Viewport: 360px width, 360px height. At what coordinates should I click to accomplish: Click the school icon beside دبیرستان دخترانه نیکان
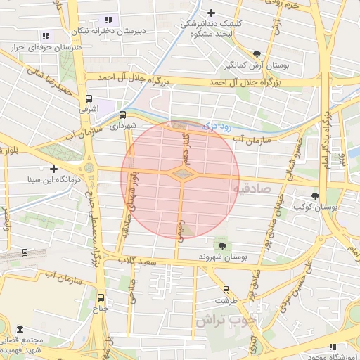pyautogui.click(x=107, y=20)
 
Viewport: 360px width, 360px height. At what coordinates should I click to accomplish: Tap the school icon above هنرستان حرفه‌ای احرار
pyautogui.click(x=46, y=36)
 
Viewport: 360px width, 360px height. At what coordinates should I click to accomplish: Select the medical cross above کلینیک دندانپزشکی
pyautogui.click(x=212, y=13)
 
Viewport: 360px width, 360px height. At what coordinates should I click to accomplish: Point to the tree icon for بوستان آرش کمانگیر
pyautogui.click(x=257, y=54)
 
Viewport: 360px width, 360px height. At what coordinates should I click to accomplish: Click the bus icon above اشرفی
pyautogui.click(x=89, y=99)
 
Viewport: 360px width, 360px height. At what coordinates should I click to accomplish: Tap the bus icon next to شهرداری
pyautogui.click(x=123, y=115)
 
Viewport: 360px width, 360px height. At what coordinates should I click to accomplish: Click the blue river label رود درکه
pyautogui.click(x=217, y=127)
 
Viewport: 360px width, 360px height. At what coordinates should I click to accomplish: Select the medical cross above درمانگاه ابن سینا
pyautogui.click(x=53, y=169)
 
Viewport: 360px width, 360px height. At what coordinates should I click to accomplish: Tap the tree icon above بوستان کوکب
pyautogui.click(x=314, y=197)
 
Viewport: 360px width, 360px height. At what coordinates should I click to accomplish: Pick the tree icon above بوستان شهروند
pyautogui.click(x=223, y=245)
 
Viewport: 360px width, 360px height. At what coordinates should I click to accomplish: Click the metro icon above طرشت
pyautogui.click(x=226, y=289)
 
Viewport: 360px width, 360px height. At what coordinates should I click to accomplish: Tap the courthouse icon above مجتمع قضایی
pyautogui.click(x=19, y=330)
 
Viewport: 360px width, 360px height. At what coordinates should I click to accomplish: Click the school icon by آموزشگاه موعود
pyautogui.click(x=333, y=347)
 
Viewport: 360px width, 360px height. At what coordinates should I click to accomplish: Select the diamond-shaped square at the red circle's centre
pyautogui.click(x=181, y=173)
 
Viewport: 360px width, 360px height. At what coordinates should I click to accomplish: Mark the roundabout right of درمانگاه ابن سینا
pyautogui.click(x=89, y=169)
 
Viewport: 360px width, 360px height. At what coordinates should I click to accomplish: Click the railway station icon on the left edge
pyautogui.click(x=25, y=252)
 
